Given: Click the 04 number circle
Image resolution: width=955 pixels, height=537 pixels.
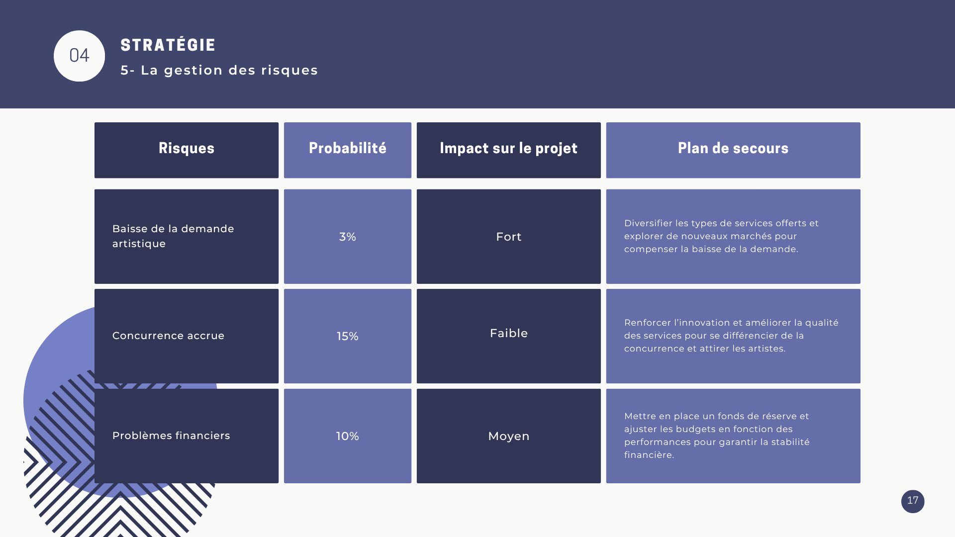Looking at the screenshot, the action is coord(79,56).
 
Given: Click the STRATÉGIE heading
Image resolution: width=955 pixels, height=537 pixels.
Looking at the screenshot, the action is coord(168,45).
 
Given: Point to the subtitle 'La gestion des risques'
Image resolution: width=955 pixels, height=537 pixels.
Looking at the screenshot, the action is coord(229,70).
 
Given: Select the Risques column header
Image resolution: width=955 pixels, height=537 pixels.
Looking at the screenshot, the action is coord(187,148).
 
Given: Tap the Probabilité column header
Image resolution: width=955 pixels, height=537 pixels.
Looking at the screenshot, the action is coord(348,148).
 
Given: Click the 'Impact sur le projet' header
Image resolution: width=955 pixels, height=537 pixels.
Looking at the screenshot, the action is coord(508,148).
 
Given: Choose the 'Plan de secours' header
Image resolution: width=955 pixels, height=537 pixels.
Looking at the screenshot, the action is coord(733,148).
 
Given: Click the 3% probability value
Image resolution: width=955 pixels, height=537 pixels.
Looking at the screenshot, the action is coord(348,237).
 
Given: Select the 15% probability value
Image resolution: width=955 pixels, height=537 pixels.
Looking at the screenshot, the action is coord(348,336).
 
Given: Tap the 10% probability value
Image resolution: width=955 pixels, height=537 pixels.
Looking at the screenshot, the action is coord(348,436).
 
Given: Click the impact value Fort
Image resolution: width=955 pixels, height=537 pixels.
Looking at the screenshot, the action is coord(509,237).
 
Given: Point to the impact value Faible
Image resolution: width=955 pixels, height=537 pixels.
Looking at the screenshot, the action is coord(509,333).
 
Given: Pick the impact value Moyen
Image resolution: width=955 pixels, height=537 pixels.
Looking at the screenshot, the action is coord(509,436).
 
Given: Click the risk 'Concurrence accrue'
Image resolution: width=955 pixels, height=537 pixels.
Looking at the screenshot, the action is coord(168,336).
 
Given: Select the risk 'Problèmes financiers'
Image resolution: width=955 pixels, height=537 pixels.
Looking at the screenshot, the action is coord(171,436).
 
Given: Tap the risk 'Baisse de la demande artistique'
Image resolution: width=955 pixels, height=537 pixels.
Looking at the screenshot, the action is coord(173,236).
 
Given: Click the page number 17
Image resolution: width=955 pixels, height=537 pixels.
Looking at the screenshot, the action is coord(913,501).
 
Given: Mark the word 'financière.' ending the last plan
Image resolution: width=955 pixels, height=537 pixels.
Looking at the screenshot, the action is coord(649,455).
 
